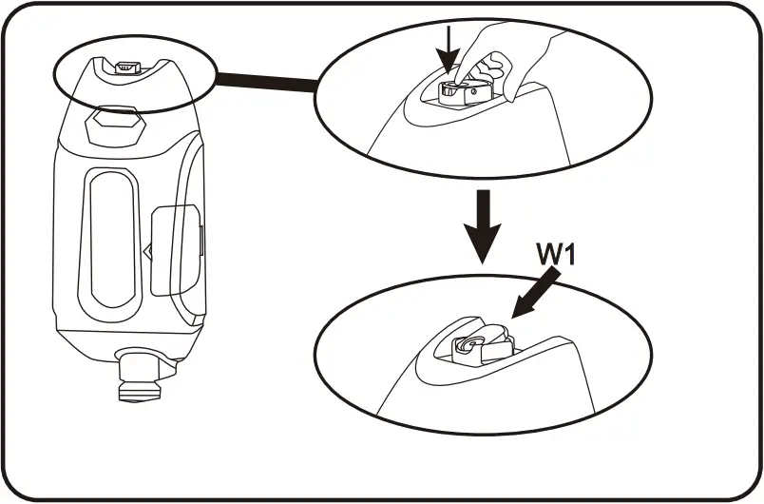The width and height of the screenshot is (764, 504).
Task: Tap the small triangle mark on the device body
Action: (147, 252)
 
